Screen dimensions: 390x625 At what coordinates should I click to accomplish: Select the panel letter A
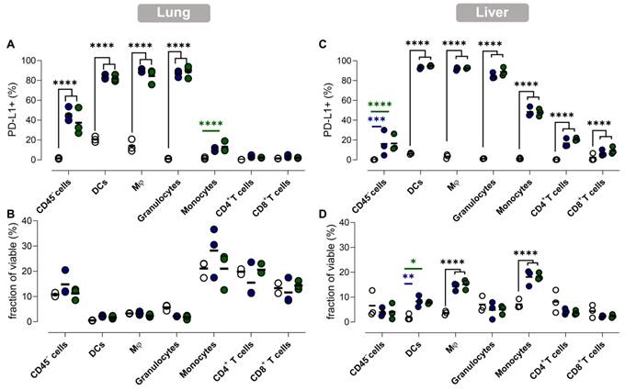(10, 44)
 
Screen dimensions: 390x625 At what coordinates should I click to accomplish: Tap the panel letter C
(320, 44)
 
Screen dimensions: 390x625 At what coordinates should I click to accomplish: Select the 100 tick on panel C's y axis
(346, 61)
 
